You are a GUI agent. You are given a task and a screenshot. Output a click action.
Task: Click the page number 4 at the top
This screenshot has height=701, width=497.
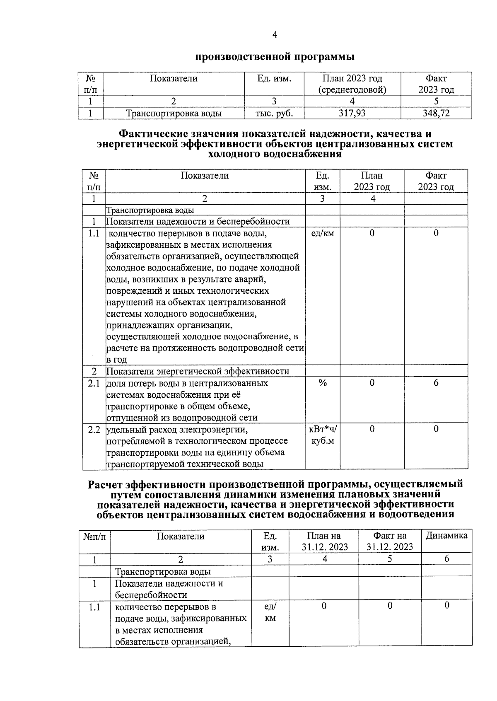275,35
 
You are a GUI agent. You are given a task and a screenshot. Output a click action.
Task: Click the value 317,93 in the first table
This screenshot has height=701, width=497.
352,113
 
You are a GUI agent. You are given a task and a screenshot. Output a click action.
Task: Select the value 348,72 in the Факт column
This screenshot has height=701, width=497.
436,113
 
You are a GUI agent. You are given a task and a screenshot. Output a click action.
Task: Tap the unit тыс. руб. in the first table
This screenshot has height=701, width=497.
274,113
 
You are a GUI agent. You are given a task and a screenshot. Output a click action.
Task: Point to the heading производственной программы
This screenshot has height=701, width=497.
275,56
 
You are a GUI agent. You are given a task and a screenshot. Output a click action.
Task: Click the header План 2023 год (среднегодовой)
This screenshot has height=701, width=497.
352,84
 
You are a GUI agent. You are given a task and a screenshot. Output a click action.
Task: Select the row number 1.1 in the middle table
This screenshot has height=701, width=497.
94,233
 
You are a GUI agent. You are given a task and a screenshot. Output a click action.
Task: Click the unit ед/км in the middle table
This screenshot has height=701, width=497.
322,233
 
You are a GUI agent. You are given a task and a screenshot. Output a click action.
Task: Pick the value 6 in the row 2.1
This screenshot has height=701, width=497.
436,383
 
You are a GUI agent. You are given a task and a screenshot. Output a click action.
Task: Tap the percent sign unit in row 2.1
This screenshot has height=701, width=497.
322,383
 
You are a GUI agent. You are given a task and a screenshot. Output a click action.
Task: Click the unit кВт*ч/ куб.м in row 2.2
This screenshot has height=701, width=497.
323,435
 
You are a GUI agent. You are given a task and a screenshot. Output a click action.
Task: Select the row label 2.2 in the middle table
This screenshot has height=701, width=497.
94,429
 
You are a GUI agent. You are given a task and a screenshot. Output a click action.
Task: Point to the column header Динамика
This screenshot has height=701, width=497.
446,536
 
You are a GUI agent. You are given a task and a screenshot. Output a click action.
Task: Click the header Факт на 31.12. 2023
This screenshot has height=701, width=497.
389,541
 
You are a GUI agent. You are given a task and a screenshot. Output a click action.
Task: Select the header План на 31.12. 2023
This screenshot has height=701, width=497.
324,541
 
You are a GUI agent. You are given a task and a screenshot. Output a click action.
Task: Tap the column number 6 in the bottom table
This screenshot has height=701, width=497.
446,559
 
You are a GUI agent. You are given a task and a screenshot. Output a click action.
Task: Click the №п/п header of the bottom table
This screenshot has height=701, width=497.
94,536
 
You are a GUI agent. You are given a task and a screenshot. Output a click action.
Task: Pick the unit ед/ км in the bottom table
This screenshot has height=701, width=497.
270,612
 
